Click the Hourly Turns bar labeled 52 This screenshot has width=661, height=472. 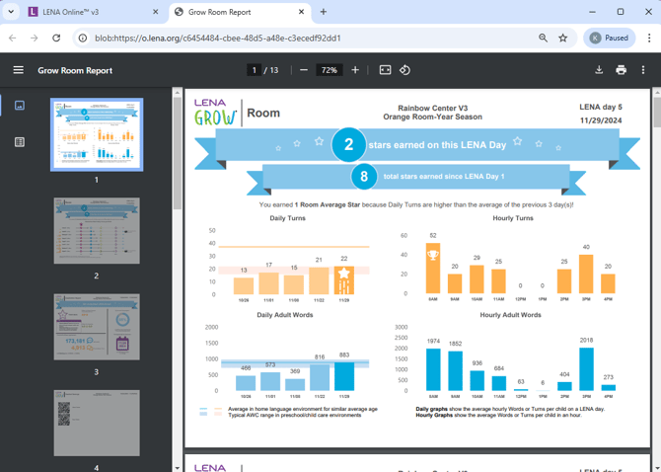point(433,269)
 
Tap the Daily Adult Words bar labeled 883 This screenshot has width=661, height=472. point(343,375)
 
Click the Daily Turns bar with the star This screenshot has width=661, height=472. point(343,280)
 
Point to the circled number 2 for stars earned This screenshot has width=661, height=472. point(348,144)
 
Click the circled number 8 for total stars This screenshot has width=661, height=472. point(364,178)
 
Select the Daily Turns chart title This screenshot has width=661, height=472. point(287,218)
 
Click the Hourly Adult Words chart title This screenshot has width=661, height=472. point(509,315)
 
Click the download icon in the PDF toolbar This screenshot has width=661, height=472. point(599,70)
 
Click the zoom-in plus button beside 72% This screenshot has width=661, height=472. point(355,70)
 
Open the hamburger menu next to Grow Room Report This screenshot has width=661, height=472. point(18,70)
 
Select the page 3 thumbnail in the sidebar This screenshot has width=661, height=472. point(97,327)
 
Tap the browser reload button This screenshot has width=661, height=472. point(56,38)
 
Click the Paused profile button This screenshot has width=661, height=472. point(609,38)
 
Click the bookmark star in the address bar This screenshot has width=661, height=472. point(563,38)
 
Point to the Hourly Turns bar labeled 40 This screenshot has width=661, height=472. point(586,275)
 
